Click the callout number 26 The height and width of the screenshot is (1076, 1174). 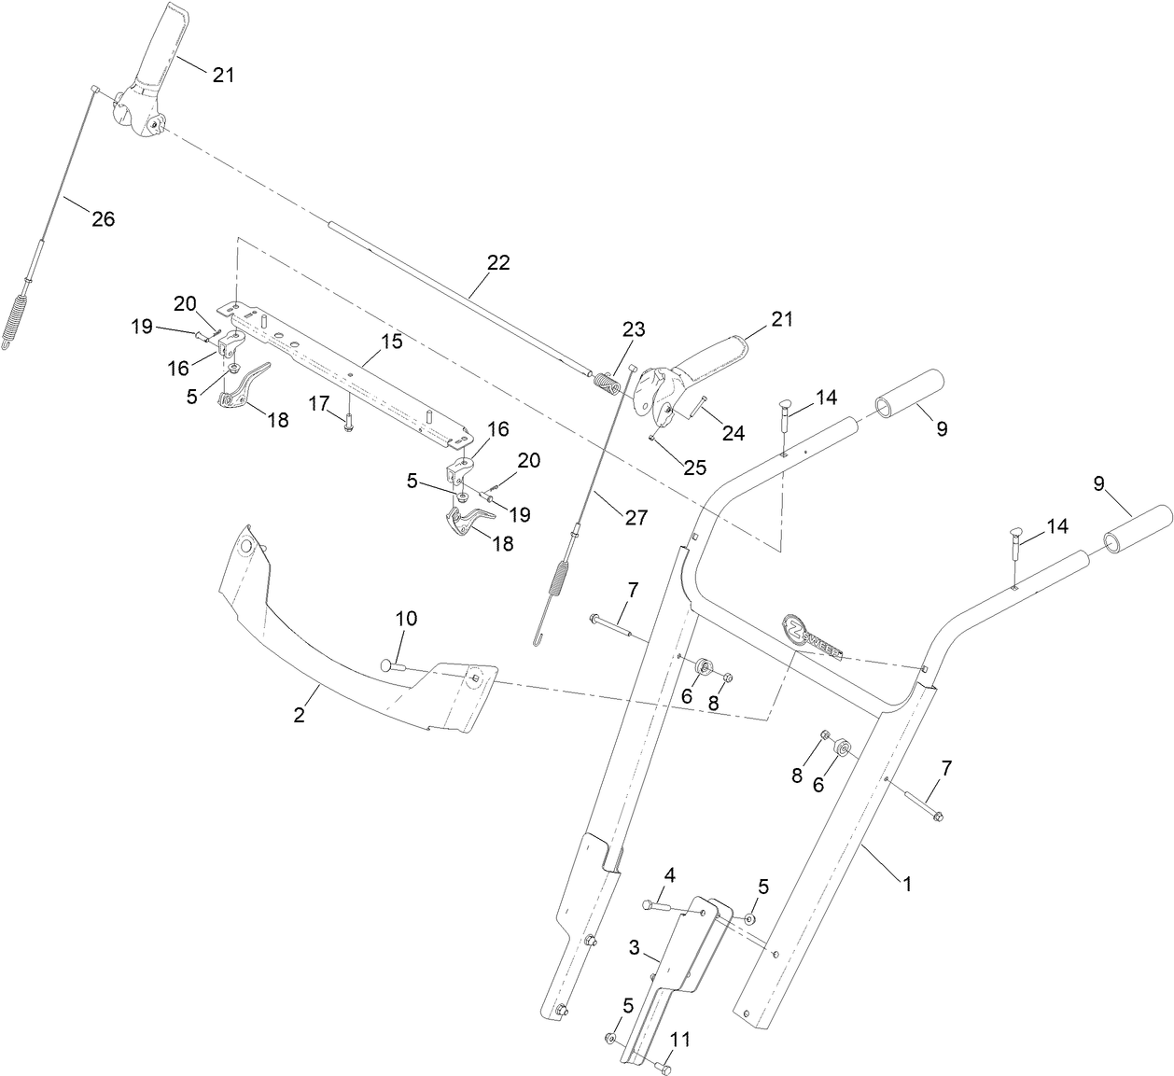pyautogui.click(x=103, y=219)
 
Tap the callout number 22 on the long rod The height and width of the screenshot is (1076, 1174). pyautogui.click(x=498, y=263)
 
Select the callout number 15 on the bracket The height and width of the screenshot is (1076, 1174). pyautogui.click(x=392, y=342)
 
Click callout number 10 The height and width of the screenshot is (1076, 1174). pyautogui.click(x=407, y=619)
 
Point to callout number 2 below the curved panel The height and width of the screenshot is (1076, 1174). pyautogui.click(x=299, y=716)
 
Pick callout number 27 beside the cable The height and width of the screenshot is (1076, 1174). pyautogui.click(x=636, y=517)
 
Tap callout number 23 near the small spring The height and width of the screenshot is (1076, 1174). pyautogui.click(x=634, y=328)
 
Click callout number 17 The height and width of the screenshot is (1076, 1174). pyautogui.click(x=319, y=403)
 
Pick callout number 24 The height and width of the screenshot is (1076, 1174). pyautogui.click(x=733, y=432)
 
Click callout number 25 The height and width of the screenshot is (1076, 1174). pyautogui.click(x=694, y=468)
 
